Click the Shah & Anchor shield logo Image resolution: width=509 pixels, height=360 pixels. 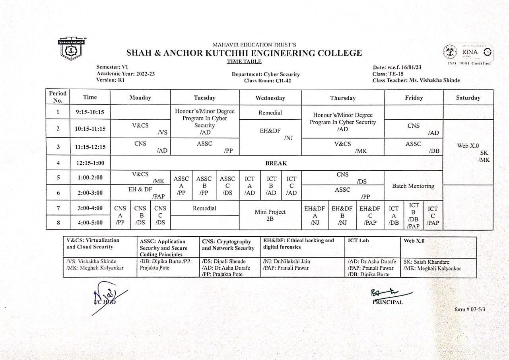[x=72, y=49]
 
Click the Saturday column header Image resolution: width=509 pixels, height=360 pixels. [x=468, y=98]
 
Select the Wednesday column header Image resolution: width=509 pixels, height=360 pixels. [x=270, y=98]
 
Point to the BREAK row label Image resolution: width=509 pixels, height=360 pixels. [x=276, y=163]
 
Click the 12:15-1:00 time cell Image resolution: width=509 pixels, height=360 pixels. [x=90, y=163]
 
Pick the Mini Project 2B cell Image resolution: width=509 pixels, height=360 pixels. [x=270, y=215]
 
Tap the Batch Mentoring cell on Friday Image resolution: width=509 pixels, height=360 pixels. [x=413, y=186]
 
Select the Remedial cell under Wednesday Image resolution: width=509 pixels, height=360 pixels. [x=270, y=113]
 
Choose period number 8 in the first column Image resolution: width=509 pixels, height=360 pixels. [x=58, y=222]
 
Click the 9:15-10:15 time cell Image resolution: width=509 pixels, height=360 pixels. [x=90, y=113]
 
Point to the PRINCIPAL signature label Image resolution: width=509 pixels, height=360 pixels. [x=388, y=302]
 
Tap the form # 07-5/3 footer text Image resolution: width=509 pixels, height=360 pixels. [x=470, y=309]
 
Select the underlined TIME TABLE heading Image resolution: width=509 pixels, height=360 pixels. [x=244, y=61]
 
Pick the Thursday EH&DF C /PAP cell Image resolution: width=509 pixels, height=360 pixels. [x=370, y=215]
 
